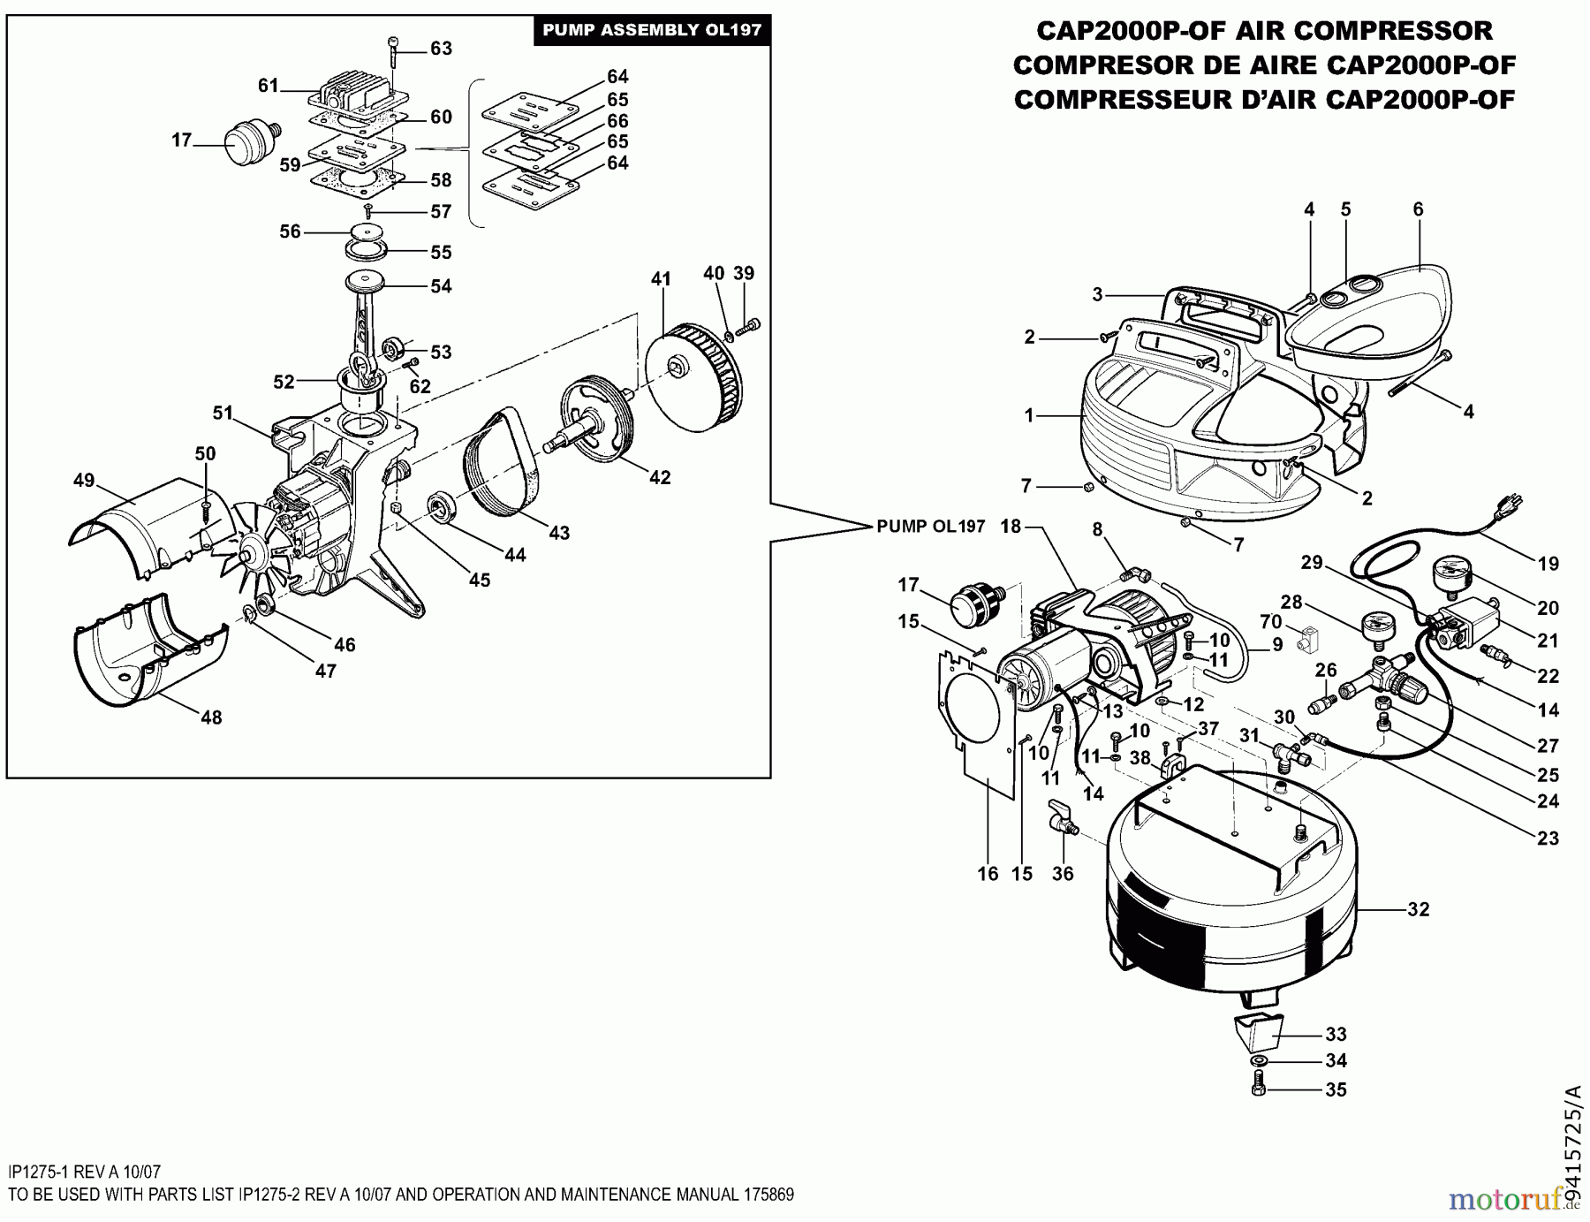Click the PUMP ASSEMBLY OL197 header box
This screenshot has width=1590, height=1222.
click(x=651, y=30)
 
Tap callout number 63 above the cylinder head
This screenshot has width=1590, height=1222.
click(x=441, y=48)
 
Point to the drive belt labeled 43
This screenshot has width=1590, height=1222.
click(x=503, y=464)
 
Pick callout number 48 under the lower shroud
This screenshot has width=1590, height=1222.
click(x=210, y=717)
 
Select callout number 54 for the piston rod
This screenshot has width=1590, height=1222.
click(x=441, y=285)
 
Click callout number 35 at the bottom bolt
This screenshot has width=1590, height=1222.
click(x=1336, y=1089)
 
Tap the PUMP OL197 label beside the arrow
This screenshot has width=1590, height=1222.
click(x=930, y=527)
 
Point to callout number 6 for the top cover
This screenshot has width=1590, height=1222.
click(x=1418, y=209)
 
